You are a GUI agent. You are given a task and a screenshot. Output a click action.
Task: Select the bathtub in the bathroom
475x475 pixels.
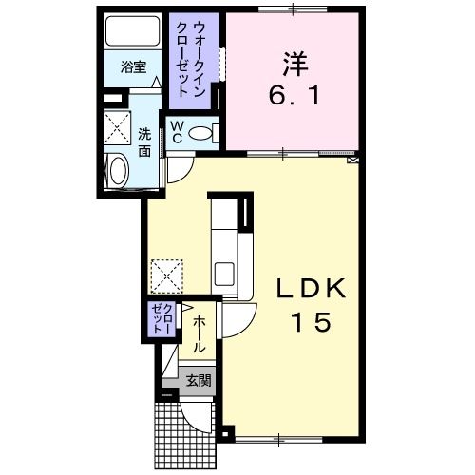(x=133, y=33)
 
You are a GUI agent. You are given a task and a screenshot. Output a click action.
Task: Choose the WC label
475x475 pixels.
(x=176, y=132)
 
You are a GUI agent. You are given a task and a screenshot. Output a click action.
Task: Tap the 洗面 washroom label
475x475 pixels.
(x=143, y=142)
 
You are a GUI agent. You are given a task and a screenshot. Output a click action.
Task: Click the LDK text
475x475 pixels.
(x=303, y=288)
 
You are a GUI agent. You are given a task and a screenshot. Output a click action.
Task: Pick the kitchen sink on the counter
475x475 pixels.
(x=225, y=274)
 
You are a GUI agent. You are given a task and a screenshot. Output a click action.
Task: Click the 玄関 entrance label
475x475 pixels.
(x=198, y=382)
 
